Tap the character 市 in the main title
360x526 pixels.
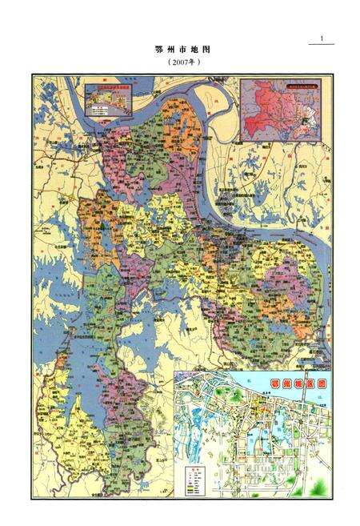point(182,50)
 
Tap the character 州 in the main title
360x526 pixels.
point(170,50)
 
